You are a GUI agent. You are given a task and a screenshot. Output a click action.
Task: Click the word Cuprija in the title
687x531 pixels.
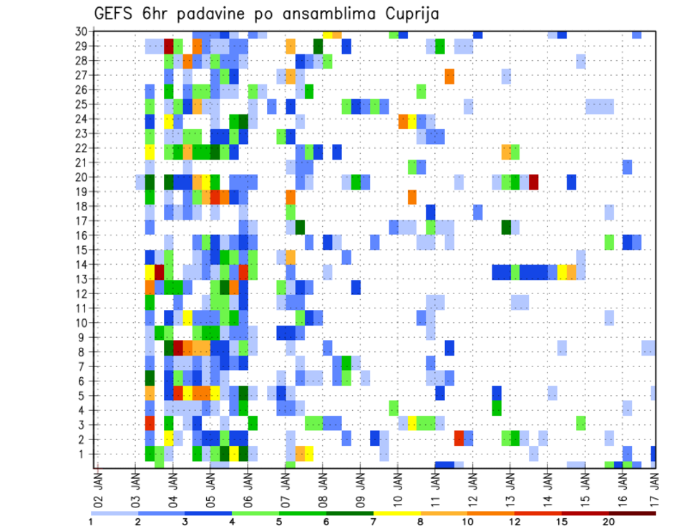pyautogui.click(x=410, y=14)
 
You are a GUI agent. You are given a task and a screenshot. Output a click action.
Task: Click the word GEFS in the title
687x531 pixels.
pyautogui.click(x=114, y=14)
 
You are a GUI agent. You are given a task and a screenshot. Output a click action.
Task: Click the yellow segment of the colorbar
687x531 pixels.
pyautogui.click(x=396, y=513)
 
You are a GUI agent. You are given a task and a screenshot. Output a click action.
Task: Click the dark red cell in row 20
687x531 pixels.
pyautogui.click(x=534, y=182)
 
